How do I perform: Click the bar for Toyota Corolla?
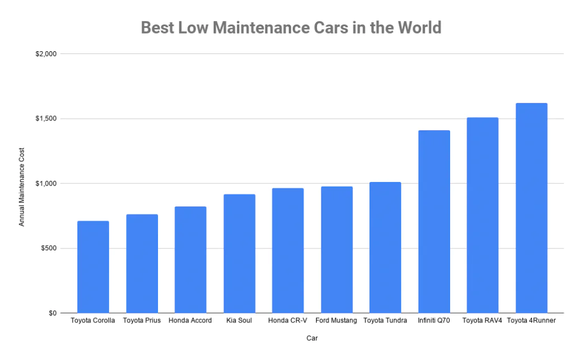click(x=93, y=267)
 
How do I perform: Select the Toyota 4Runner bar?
click(x=531, y=208)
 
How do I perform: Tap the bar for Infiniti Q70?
click(x=434, y=221)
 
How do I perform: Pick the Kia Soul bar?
click(x=239, y=253)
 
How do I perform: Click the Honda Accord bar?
click(x=190, y=259)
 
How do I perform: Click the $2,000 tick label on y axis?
click(x=45, y=54)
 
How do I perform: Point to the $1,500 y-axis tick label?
click(x=45, y=119)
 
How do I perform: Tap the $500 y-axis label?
click(x=47, y=249)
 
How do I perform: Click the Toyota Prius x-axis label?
click(x=142, y=321)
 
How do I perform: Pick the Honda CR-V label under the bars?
click(x=288, y=321)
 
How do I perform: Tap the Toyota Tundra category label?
click(x=385, y=321)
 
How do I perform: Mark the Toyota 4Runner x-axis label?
click(x=531, y=321)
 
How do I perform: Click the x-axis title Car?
click(x=312, y=339)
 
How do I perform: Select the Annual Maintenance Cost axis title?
click(x=22, y=184)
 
